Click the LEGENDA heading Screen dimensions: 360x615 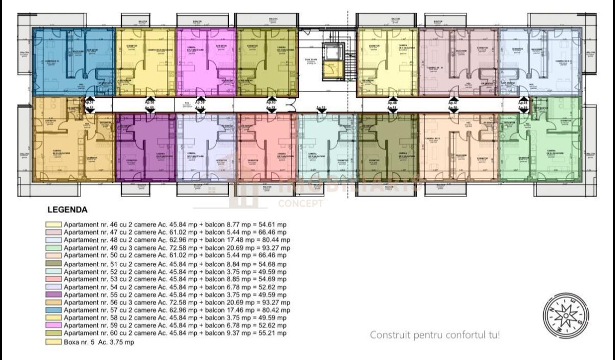click(67, 209)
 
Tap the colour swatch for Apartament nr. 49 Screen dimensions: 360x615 click(53, 248)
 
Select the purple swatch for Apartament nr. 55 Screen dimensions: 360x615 click(53, 295)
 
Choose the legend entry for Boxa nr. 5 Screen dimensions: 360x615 click(98, 342)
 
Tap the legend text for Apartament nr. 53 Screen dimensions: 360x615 click(174, 279)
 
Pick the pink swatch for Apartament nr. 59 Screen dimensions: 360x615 click(53, 326)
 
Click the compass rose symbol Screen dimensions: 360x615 click(566, 316)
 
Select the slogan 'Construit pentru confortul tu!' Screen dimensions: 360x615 click(435, 335)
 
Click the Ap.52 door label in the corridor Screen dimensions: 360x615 click(321, 108)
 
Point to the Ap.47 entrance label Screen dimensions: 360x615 click(453, 102)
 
